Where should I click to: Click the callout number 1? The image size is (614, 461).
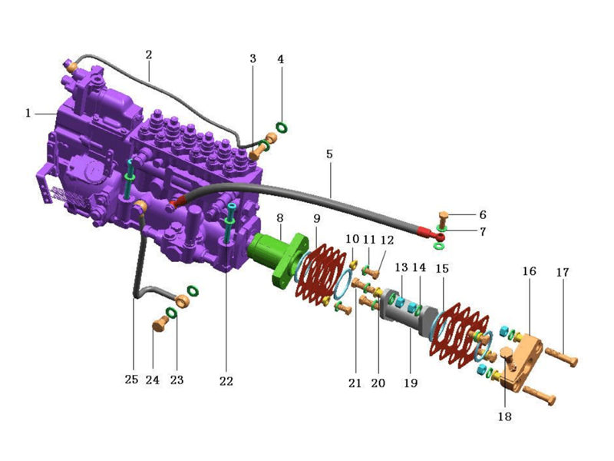28,113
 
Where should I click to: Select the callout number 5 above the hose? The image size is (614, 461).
329,154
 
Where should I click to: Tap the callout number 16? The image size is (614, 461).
529,271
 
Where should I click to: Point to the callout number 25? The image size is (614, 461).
131,380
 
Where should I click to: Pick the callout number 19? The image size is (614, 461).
411,383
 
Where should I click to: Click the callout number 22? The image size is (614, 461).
226,381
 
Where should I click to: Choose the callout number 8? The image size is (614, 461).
279,218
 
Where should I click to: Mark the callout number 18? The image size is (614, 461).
505,416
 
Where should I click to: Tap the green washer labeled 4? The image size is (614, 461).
282,127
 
